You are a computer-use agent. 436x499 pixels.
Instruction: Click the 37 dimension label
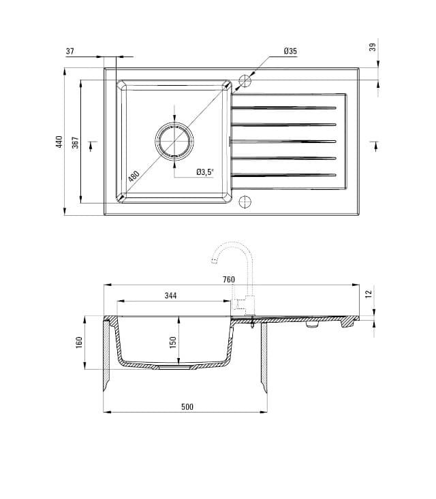pos(70,52)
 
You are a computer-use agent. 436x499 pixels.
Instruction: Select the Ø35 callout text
pos(290,52)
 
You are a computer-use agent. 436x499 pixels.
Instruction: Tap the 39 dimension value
pos(372,47)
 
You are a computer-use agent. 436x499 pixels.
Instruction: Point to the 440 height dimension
pos(59,142)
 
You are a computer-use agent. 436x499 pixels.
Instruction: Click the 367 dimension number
pos(76,142)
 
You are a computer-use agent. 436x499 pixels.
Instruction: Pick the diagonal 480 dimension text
pos(134,176)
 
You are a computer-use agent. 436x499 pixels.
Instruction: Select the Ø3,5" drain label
pos(205,172)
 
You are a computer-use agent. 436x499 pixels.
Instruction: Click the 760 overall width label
pos(228,280)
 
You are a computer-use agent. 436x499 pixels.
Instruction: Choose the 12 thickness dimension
pos(369,293)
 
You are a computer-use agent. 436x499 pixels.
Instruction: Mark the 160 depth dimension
pos(79,342)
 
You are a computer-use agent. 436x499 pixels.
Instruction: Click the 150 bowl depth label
pos(174,342)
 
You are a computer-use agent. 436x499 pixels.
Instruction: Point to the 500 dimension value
pos(187,407)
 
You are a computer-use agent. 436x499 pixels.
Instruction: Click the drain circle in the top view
pos(174,142)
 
